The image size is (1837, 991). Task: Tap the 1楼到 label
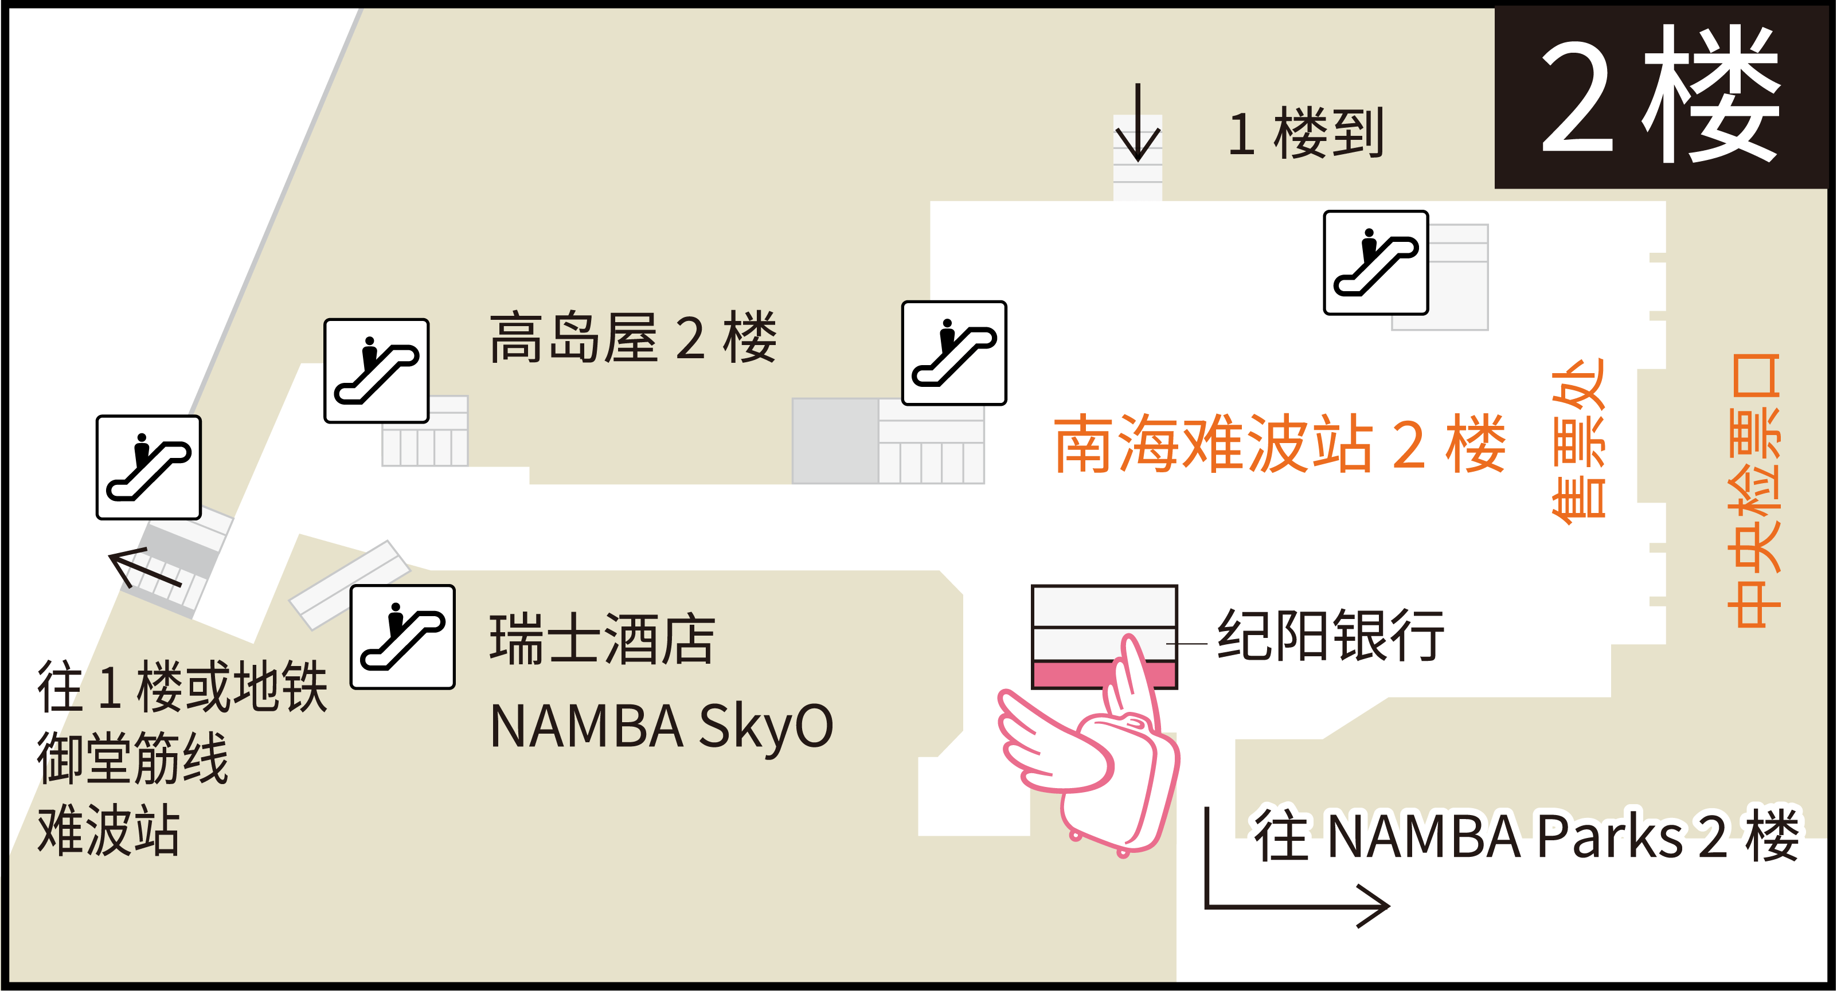pos(1307,134)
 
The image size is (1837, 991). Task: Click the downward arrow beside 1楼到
pos(1138,125)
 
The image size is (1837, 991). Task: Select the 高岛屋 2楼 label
pos(632,338)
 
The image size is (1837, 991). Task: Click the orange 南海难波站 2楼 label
pos(1280,444)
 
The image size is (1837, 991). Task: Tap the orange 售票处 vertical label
pos(1579,442)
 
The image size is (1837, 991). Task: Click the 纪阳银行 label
pos(1331,635)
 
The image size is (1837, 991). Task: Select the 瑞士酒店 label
pos(603,640)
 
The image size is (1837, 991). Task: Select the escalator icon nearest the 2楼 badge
pos(1375,263)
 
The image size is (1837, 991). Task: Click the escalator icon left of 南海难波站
pos(954,353)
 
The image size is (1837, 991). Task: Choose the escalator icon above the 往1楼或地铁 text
pos(148,467)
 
